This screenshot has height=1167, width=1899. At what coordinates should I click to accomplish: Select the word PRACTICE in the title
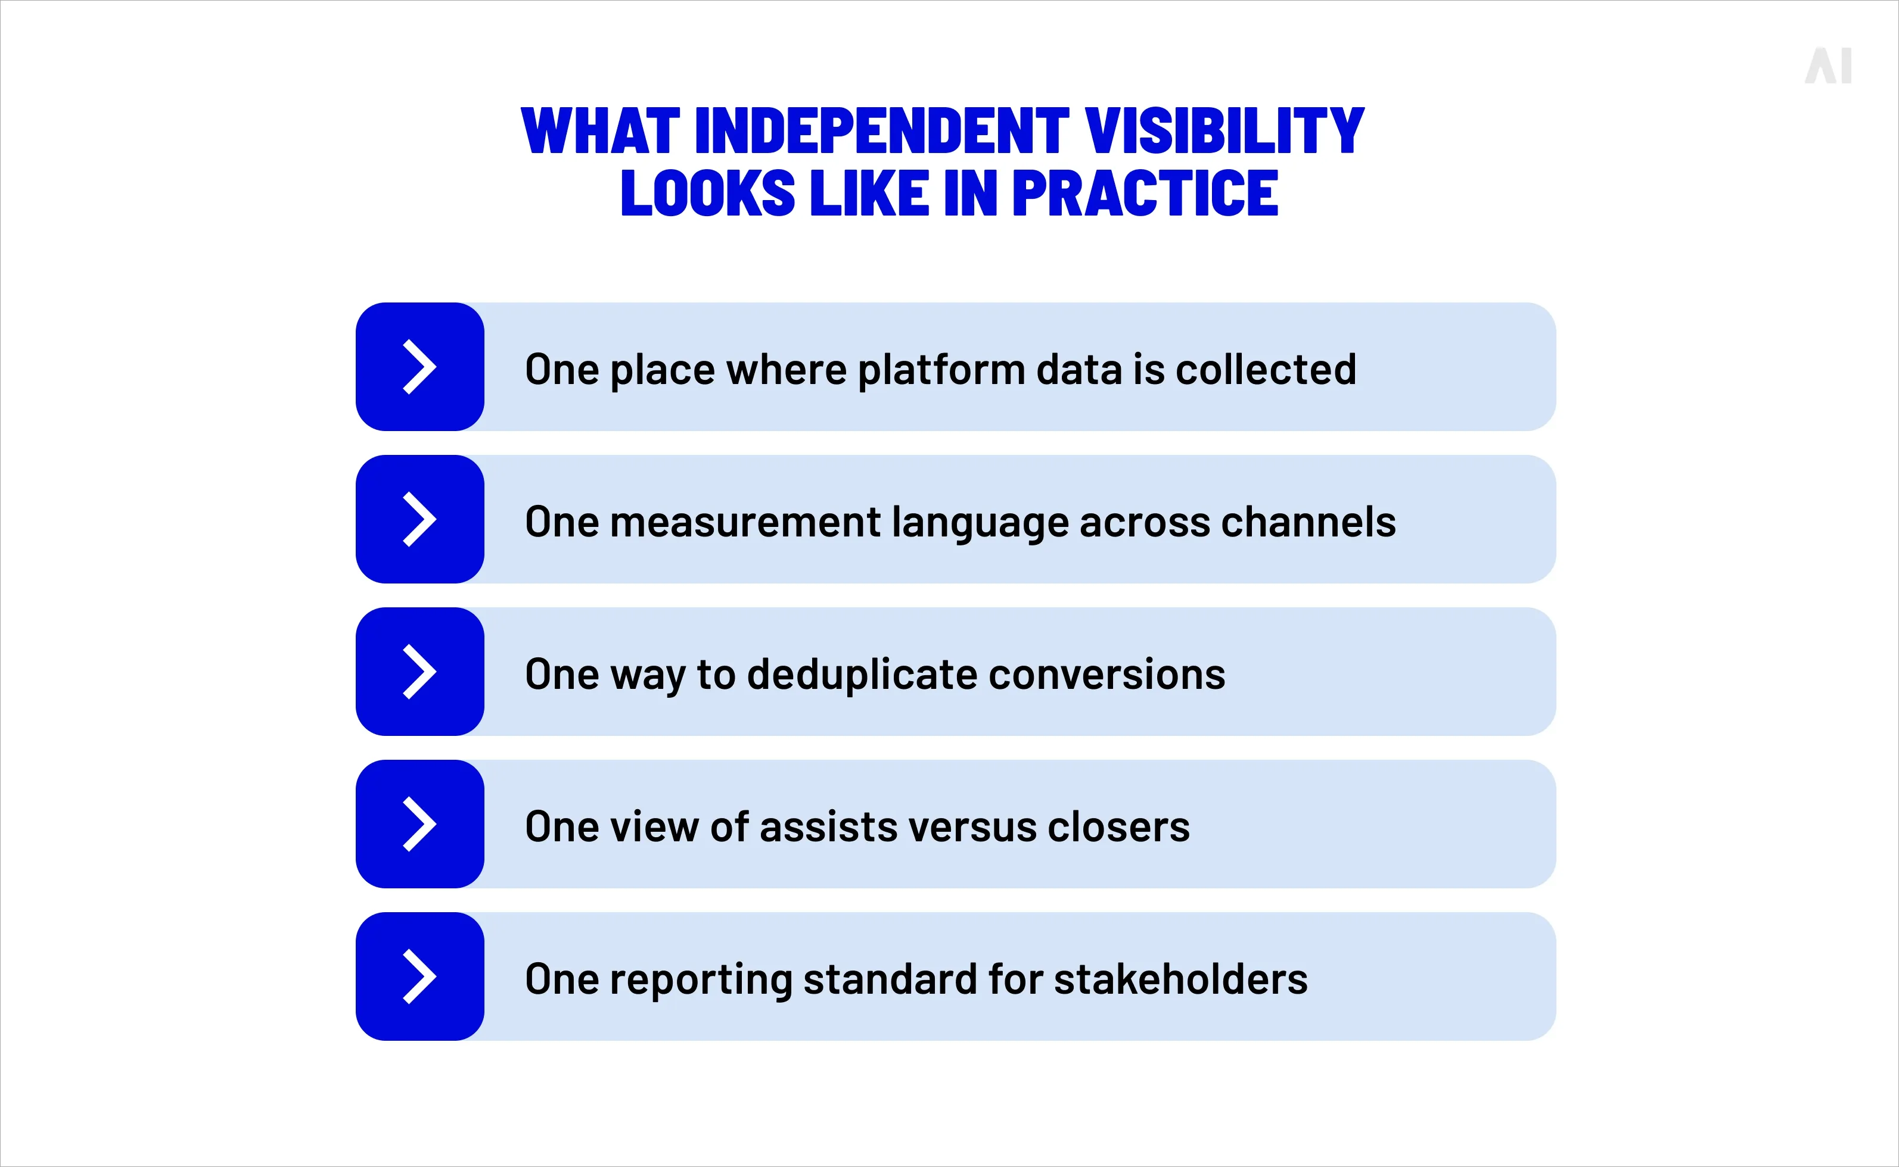point(1145,193)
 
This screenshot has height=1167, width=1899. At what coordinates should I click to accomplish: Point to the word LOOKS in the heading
point(707,193)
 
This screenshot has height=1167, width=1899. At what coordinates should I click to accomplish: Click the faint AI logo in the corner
point(1828,66)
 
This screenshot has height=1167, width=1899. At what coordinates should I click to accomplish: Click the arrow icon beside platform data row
point(419,367)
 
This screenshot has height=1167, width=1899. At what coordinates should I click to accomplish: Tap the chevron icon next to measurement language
point(419,519)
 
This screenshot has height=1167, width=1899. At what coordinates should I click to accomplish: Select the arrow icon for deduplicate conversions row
point(419,672)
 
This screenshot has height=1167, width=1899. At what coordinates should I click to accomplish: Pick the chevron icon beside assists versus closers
point(419,824)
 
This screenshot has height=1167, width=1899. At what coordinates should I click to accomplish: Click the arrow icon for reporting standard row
point(419,976)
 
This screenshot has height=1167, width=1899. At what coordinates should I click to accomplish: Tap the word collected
point(1265,370)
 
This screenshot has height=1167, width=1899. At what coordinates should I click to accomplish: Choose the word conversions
point(1107,675)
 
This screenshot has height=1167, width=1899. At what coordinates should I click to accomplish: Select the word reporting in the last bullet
point(701,980)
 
